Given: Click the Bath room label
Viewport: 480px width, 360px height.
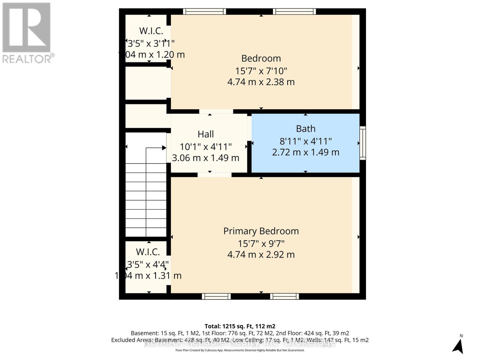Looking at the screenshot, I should pos(306,129).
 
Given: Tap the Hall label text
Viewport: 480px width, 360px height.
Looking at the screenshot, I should pos(206,134).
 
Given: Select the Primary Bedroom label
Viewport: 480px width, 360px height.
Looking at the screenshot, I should pos(261,231).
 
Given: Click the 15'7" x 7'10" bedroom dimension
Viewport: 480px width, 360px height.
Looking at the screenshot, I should pos(261,71).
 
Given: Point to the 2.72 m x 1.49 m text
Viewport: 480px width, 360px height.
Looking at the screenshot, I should pos(306,152).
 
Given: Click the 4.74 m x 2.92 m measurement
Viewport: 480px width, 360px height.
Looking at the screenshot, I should pos(261,255).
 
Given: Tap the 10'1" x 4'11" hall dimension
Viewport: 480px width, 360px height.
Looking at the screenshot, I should pos(206,147).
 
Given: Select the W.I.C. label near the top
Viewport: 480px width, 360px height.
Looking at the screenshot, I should pos(151,31).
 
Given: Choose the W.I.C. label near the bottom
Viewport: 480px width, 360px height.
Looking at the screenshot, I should pos(148,252).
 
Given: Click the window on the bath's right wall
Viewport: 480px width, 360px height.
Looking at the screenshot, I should pos(363,143).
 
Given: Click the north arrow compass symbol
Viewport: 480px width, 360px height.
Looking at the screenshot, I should pos(458,345).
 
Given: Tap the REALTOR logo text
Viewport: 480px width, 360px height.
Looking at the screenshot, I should pos(28,58).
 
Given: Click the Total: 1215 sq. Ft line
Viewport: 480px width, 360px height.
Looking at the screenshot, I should pos(240,326).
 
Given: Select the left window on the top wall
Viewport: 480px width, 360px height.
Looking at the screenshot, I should pos(204,11).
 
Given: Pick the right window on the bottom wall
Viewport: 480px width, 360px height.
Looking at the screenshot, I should pos(284,296).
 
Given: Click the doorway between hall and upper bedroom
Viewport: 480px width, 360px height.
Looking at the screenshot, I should pos(216,111).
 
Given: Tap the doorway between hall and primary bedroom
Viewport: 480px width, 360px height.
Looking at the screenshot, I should pos(214,175).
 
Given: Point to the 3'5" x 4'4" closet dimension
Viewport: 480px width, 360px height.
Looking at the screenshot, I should pos(148,264).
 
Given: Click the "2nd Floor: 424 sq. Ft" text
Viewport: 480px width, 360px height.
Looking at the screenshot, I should pos(326,333).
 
